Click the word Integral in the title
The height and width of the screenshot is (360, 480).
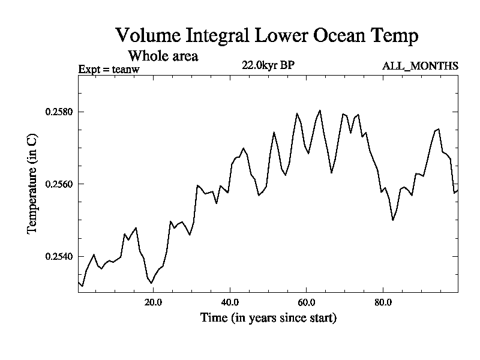[217, 36]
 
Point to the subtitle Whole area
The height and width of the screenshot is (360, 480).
[163, 56]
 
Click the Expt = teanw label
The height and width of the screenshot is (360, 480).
[109, 70]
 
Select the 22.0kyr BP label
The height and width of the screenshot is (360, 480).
[268, 65]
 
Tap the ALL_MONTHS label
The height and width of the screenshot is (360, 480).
[420, 66]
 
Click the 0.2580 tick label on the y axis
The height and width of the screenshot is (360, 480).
[58, 112]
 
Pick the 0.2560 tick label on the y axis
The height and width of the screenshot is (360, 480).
[58, 184]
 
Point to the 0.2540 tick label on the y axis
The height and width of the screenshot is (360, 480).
[58, 256]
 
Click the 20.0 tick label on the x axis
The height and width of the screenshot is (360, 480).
[154, 302]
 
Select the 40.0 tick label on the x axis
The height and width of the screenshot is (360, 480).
[230, 302]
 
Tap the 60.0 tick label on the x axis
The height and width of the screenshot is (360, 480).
[307, 302]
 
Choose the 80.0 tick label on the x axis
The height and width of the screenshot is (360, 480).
[383, 302]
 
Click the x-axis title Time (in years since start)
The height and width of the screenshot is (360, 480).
[268, 318]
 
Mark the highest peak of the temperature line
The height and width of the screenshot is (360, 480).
[320, 110]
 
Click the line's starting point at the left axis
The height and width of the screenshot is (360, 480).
[79, 281]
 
